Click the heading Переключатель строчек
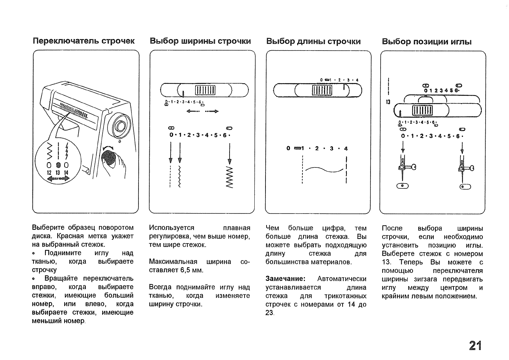click(x=84, y=41)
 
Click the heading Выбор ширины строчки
click(x=200, y=41)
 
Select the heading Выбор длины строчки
click(x=313, y=42)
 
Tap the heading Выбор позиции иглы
click(x=427, y=42)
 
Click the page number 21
click(x=475, y=345)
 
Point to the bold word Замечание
click(x=285, y=279)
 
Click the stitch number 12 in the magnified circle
click(x=49, y=173)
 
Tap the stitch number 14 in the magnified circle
click(x=66, y=173)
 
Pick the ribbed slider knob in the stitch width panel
click(x=205, y=90)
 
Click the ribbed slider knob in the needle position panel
click(x=422, y=111)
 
